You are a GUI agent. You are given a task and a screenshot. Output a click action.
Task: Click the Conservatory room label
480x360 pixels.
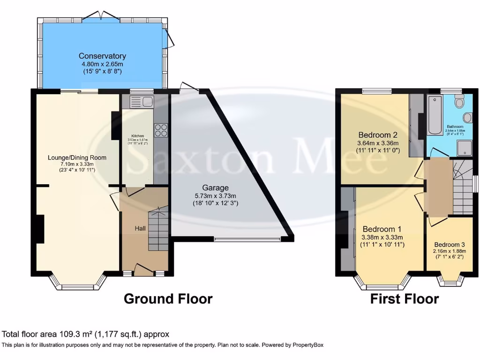(x=102, y=56)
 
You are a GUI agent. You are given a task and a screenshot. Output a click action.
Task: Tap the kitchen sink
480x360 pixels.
(x=141, y=101)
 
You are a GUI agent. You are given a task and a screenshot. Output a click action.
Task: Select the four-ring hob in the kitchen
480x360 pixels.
(x=161, y=130)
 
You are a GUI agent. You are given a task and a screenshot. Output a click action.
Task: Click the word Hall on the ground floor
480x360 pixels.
(x=140, y=228)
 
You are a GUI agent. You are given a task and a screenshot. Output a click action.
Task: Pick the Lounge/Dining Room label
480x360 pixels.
(x=77, y=157)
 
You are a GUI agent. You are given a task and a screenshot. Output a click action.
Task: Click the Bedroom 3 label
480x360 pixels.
(x=449, y=245)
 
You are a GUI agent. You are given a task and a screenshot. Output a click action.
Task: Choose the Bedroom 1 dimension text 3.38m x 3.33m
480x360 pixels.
(x=382, y=237)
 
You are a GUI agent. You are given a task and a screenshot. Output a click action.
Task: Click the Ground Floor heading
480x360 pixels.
(x=168, y=299)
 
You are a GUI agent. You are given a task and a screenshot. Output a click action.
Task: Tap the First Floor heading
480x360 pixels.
(x=405, y=299)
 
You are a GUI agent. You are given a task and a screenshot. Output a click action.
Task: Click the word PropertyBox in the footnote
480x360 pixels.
(x=305, y=345)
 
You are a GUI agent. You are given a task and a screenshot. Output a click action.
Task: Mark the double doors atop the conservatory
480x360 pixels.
(x=102, y=15)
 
